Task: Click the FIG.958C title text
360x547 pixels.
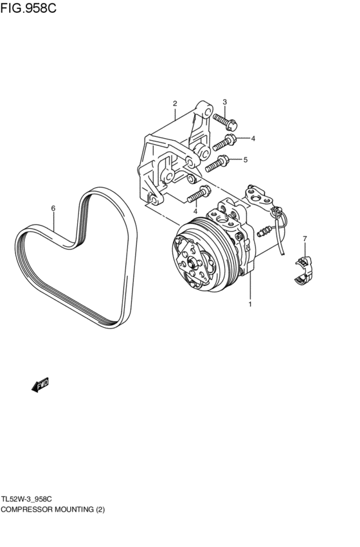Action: [x=28, y=8]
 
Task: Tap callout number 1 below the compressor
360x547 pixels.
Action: [x=250, y=304]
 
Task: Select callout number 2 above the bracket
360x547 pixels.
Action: [x=175, y=103]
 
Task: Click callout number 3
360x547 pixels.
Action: [x=224, y=102]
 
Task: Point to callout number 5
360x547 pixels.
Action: [x=246, y=160]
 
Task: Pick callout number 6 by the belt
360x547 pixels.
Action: [x=53, y=208]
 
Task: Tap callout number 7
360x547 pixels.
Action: [x=305, y=238]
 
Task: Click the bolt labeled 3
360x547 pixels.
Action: [x=225, y=121]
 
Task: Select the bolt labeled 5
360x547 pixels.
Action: [x=217, y=164]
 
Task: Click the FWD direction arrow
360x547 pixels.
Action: [x=40, y=385]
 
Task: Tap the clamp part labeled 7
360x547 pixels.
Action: [x=303, y=270]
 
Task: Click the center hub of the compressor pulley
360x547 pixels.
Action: [x=191, y=260]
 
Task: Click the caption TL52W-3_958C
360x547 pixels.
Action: [x=26, y=499]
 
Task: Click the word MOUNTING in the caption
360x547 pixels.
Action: [x=75, y=510]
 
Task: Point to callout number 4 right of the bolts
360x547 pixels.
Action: [x=253, y=138]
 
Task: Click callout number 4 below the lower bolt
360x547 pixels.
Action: [x=195, y=211]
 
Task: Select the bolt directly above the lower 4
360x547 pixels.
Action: [x=199, y=194]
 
